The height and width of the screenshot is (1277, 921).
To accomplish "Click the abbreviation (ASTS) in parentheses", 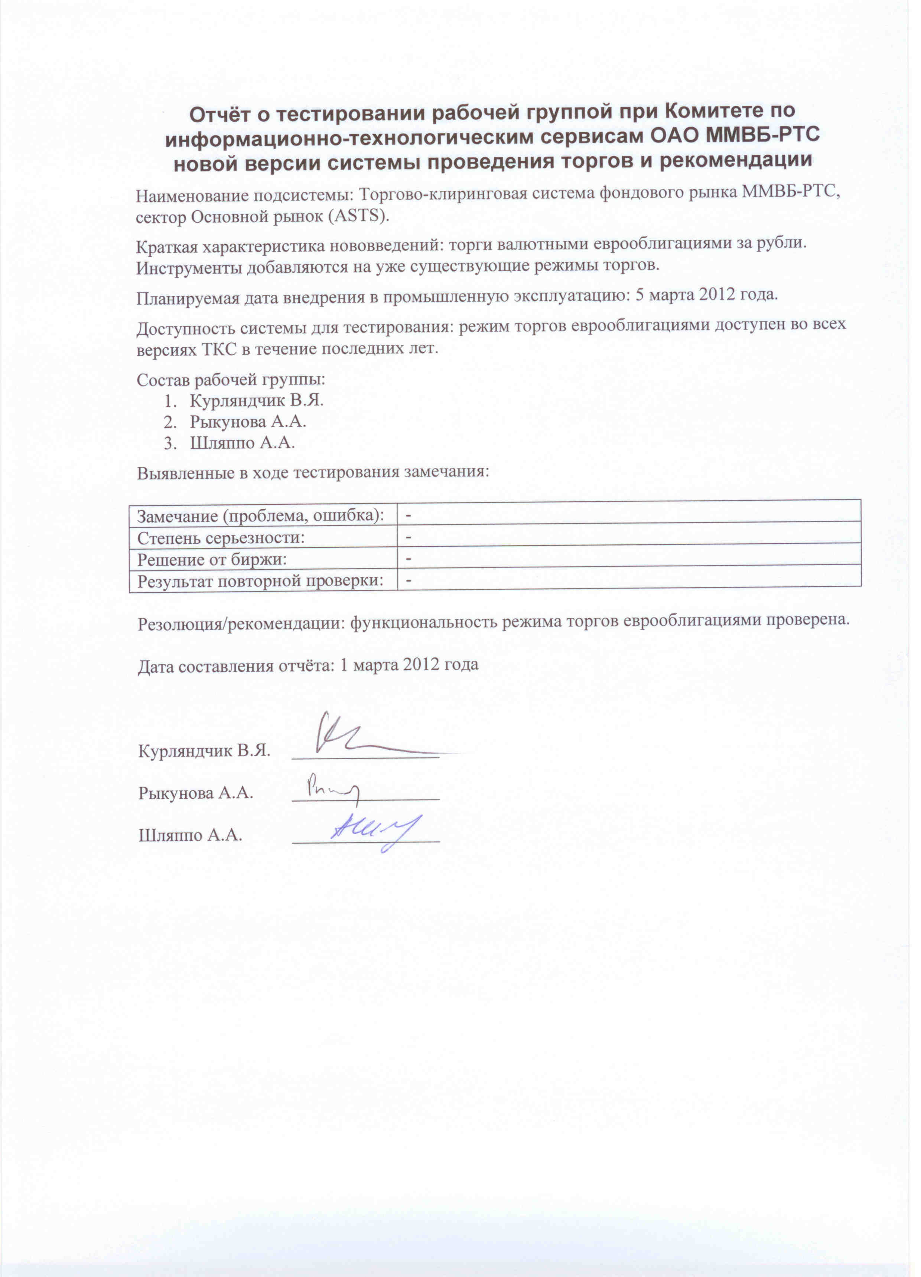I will pyautogui.click(x=358, y=216).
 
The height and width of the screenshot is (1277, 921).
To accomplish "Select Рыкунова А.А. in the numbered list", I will pyautogui.click(x=248, y=421).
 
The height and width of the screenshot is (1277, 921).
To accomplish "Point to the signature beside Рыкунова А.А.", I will pyautogui.click(x=332, y=787).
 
